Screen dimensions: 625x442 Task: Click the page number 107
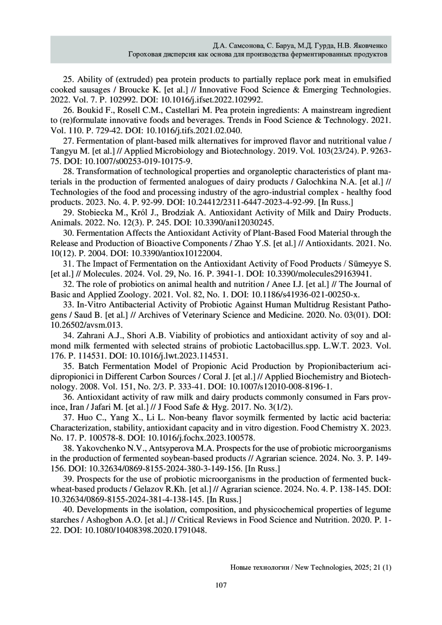tap(221, 585)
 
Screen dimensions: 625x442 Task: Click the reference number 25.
tap(69, 80)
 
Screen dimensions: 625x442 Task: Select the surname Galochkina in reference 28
tap(309, 182)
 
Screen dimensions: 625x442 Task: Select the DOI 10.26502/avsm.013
tap(86, 325)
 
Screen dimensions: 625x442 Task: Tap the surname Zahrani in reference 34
tap(92, 336)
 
